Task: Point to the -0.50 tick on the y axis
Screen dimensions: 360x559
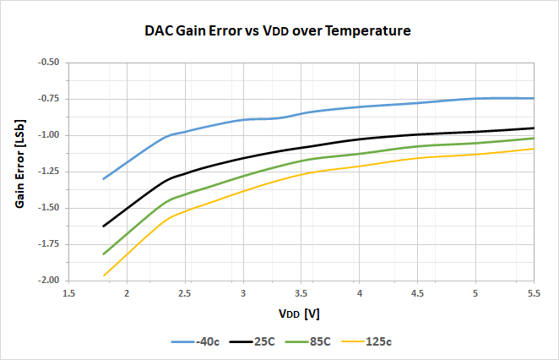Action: tap(48, 63)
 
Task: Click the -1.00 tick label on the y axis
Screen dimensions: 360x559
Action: tap(48, 135)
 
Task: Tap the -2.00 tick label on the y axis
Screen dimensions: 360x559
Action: tap(48, 281)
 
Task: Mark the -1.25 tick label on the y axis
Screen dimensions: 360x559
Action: tap(48, 172)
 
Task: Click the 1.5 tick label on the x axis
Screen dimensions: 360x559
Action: tap(68, 292)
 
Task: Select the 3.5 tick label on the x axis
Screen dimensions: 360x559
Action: tap(301, 292)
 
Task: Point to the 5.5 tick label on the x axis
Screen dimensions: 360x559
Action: tap(533, 292)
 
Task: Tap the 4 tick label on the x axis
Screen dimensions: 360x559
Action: tap(359, 292)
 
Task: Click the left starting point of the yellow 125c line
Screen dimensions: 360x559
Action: tap(103, 275)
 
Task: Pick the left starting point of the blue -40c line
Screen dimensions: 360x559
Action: tap(103, 179)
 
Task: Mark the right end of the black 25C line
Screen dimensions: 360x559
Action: tap(534, 128)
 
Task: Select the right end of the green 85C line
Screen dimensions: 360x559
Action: tap(534, 138)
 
